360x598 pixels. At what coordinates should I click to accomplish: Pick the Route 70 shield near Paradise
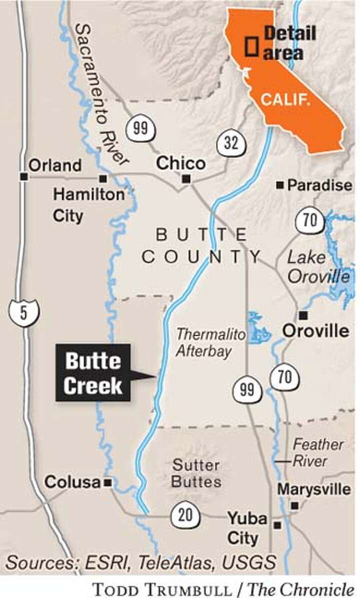(310, 220)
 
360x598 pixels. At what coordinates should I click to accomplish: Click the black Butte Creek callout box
(93, 372)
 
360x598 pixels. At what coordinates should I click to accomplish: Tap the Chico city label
(180, 163)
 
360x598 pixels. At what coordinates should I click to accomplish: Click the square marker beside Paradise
(280, 186)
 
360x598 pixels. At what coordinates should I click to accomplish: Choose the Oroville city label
(315, 330)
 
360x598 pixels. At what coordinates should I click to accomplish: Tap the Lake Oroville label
(318, 267)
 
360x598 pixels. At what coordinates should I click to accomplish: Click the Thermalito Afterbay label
(204, 343)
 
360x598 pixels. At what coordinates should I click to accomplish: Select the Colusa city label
(72, 482)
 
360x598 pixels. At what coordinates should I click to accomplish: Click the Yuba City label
(246, 528)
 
